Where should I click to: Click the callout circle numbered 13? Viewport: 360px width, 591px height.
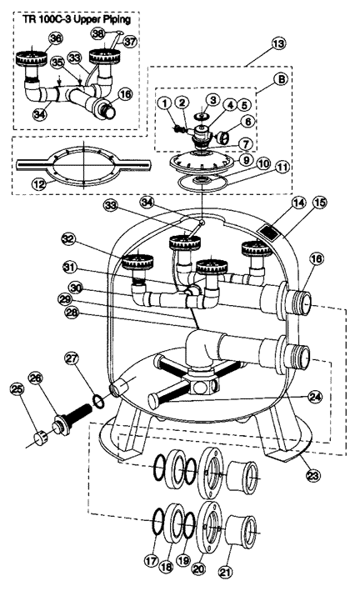(278, 43)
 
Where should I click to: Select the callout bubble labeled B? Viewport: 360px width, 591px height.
(281, 79)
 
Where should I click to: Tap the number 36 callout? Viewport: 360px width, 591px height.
(55, 39)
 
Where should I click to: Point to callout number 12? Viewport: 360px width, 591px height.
(39, 184)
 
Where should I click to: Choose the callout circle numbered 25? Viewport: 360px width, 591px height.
(17, 390)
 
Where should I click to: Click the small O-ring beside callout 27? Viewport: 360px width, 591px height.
(99, 402)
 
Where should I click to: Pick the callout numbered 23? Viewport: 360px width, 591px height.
(312, 475)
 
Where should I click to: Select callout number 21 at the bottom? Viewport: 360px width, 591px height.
(225, 573)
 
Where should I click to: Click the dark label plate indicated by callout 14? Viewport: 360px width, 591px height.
(270, 233)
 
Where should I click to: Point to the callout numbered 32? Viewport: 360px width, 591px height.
(69, 239)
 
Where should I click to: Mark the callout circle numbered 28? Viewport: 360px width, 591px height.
(72, 312)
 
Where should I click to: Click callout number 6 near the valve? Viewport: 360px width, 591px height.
(247, 123)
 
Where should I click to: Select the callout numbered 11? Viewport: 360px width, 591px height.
(282, 166)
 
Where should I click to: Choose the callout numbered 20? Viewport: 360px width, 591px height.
(199, 568)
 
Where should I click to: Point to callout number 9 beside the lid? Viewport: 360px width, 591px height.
(246, 159)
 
